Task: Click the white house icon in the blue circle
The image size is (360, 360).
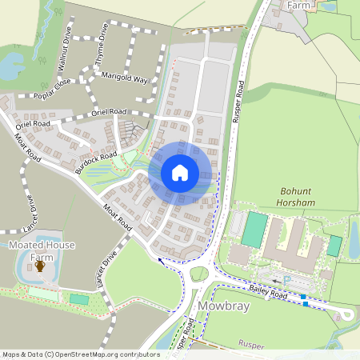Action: point(180,173)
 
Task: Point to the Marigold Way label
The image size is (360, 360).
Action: point(125,79)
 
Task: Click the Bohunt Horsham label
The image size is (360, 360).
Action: point(300,198)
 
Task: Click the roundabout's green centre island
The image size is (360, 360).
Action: point(198,274)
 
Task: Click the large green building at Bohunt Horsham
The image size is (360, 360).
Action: point(254,230)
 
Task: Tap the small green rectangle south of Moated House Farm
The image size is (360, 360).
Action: point(79,298)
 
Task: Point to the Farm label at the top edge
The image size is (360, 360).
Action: point(298,5)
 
